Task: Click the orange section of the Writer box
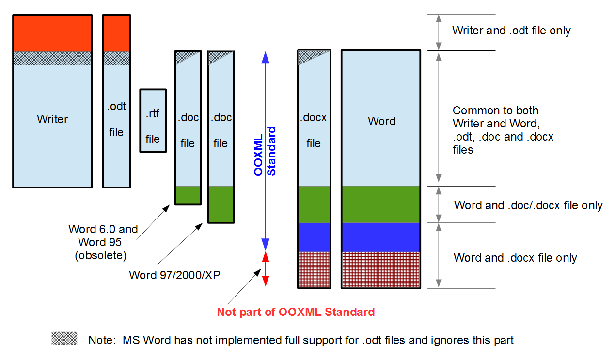(52, 33)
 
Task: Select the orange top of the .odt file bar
(116, 33)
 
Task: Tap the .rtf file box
(153, 121)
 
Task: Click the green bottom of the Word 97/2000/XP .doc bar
(221, 204)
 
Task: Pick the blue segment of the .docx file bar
(314, 237)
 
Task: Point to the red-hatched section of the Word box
(380, 269)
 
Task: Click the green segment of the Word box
(380, 204)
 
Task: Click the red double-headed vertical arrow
(265, 268)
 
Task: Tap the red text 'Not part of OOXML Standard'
(296, 312)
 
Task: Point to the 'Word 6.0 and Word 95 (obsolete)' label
(103, 242)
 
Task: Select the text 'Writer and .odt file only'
(511, 31)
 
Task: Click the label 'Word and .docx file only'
(515, 258)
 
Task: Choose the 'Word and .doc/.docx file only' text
(528, 205)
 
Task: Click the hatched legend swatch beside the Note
(64, 339)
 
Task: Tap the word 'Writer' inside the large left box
(52, 119)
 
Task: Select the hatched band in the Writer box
(52, 58)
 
